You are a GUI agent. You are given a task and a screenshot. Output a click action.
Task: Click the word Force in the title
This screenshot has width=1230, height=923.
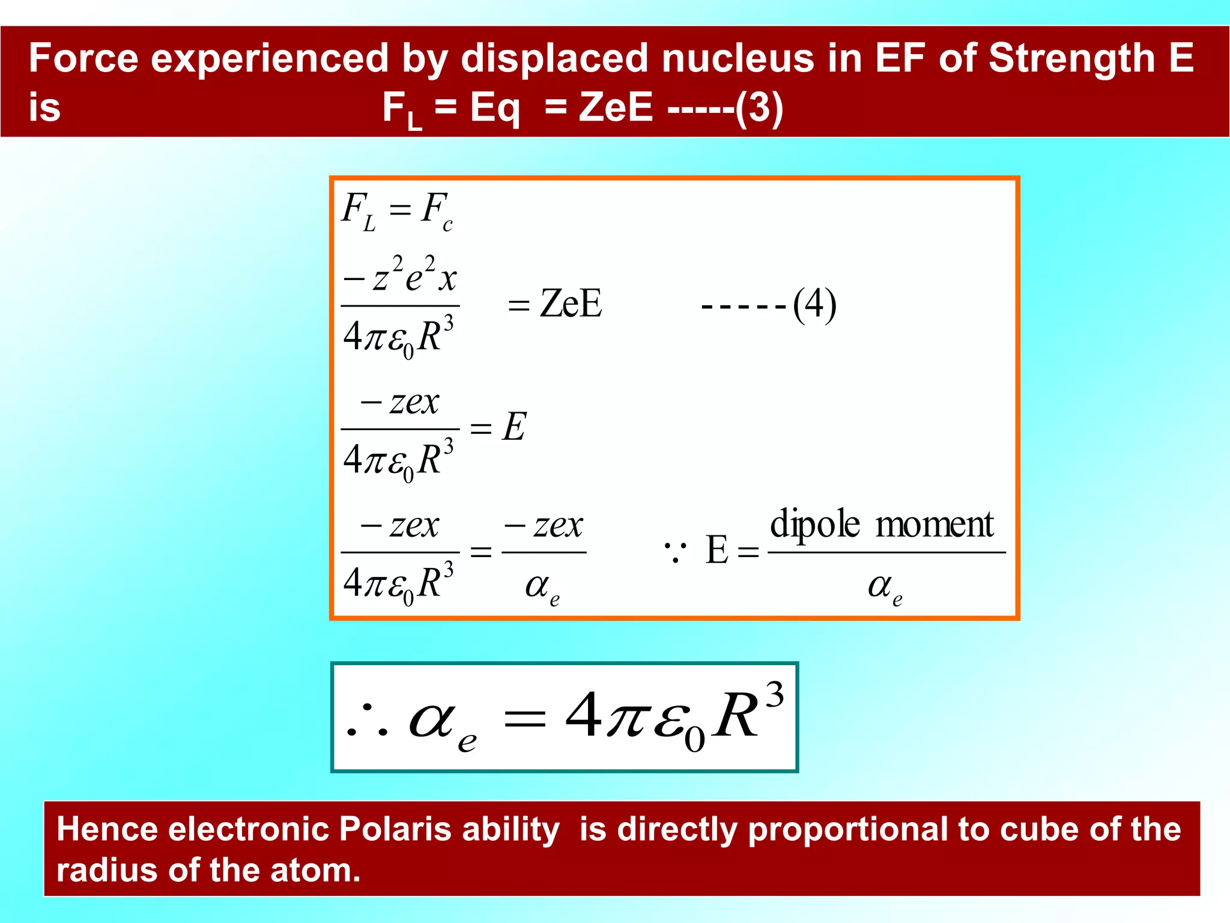click(x=83, y=58)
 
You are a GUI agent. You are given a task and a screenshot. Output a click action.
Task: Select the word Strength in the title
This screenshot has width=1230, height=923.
click(x=1071, y=58)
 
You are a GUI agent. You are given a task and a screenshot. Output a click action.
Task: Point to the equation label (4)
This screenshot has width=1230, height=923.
click(x=814, y=305)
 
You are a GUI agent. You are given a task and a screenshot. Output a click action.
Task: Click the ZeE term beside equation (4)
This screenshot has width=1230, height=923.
click(x=571, y=304)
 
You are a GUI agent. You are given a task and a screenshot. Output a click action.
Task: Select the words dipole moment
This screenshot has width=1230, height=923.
click(x=882, y=524)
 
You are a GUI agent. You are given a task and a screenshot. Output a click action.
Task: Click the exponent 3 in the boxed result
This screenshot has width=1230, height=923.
click(x=774, y=695)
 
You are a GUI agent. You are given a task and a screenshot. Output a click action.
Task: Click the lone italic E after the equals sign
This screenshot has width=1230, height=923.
click(x=514, y=427)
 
